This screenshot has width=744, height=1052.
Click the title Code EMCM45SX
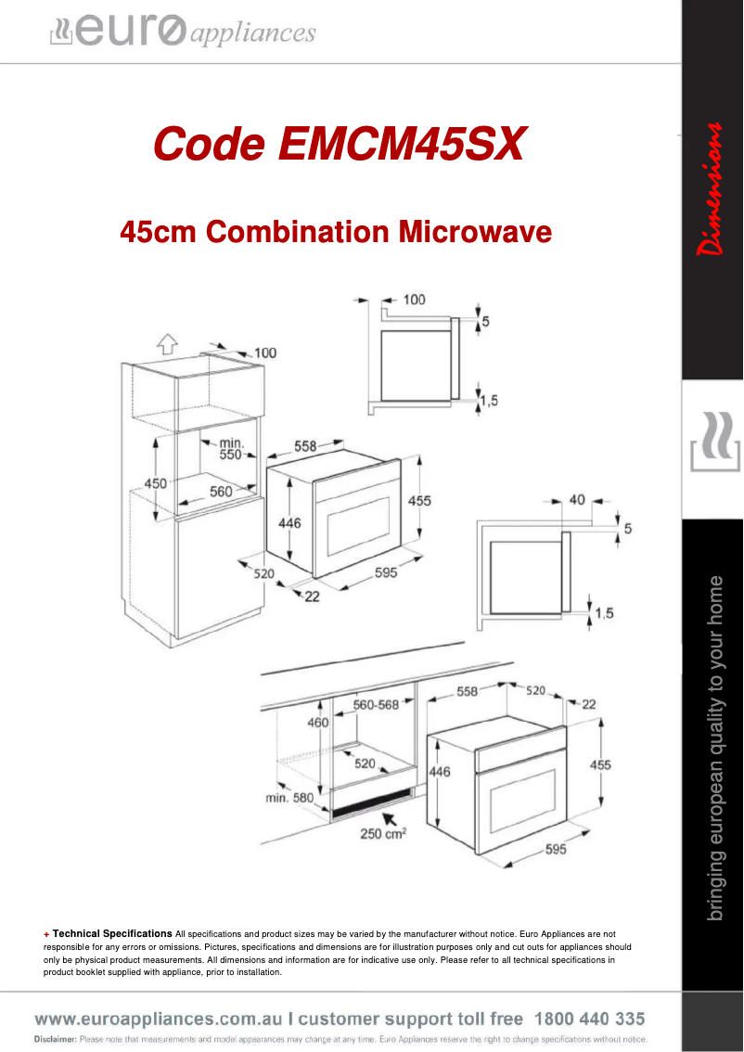coord(340,144)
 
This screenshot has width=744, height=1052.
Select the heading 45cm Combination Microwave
coord(336,231)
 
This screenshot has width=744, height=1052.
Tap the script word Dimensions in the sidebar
coord(712,189)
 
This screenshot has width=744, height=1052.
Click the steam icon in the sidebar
coord(712,444)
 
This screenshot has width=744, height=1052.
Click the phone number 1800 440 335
coord(590,1019)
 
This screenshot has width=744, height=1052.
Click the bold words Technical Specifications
coord(112,933)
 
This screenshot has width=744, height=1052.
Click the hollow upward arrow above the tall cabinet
coord(167,344)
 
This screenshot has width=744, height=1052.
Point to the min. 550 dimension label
coord(230,449)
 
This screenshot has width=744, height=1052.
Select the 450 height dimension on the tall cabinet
coord(155,482)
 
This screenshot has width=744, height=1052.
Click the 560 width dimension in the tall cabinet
coord(221,492)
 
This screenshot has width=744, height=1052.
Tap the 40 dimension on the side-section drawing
coord(577,501)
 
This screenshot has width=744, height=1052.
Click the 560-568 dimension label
coord(376,704)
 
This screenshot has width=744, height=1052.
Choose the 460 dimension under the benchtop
coord(317,723)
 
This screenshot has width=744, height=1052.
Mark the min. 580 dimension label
coord(290,797)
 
